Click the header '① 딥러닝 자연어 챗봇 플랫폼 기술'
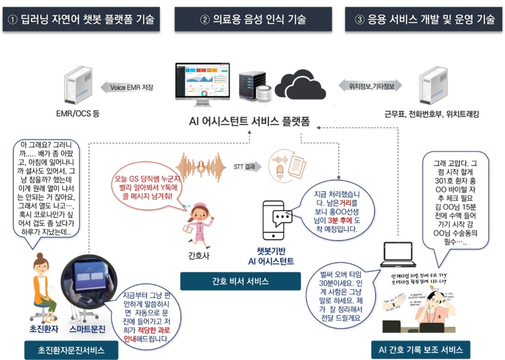click(81, 20)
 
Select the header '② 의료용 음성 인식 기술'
click(253, 20)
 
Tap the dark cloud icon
click(300, 83)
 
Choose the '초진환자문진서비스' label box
click(71, 349)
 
